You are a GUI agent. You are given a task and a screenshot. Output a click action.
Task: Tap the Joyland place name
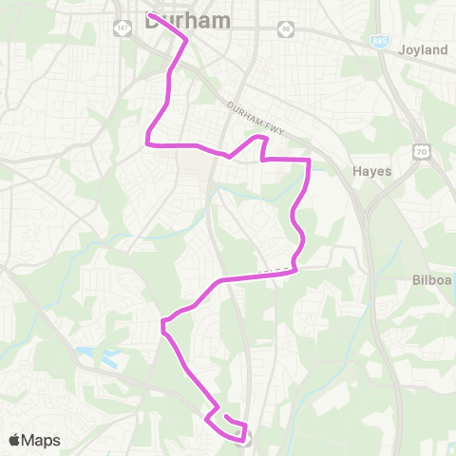coord(423,49)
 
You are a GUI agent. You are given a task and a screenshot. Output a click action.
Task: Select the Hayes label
coord(372,171)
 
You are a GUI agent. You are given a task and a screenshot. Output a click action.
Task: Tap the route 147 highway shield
coord(123,30)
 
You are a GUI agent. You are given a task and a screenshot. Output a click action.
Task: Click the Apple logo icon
coord(14,440)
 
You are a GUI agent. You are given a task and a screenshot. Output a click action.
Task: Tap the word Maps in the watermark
coord(41,440)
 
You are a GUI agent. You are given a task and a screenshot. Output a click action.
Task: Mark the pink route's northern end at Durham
coord(150,14)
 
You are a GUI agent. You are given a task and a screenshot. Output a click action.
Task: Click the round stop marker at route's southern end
coord(244,437)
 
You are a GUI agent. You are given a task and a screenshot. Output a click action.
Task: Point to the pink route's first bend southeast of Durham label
coord(184,41)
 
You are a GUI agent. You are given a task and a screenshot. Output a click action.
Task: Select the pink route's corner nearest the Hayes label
coord(310,161)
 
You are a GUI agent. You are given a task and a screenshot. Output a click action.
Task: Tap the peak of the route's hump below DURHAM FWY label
coord(259,138)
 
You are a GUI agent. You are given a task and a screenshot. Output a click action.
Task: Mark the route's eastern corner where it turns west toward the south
coord(296,270)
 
